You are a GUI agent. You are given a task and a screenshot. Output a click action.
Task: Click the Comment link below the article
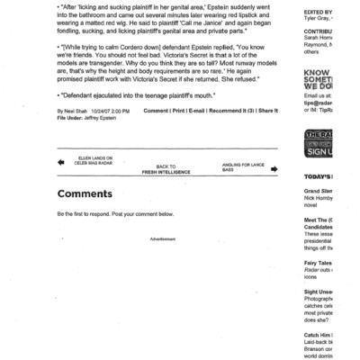tap(157, 112)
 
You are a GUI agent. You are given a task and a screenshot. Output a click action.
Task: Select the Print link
tap(181, 112)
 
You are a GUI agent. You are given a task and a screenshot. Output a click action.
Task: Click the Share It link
tap(267, 112)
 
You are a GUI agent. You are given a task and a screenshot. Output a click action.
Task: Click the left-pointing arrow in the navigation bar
tap(61, 163)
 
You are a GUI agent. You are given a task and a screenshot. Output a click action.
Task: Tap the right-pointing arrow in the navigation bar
tap(273, 167)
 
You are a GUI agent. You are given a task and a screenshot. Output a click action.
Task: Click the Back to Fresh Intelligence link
tap(166, 168)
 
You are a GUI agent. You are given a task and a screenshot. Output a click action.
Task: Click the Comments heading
tap(85, 193)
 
